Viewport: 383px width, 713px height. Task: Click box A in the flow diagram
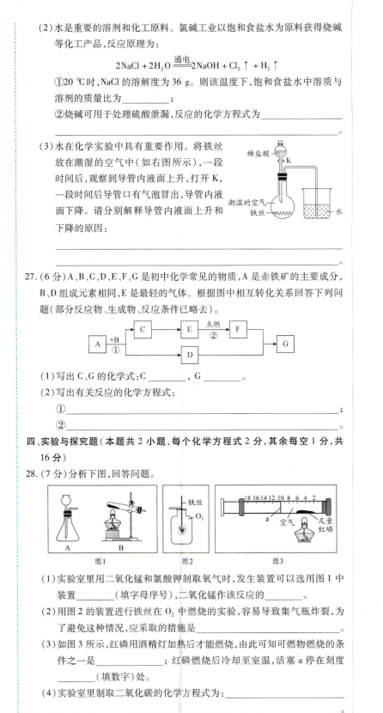pos(97,344)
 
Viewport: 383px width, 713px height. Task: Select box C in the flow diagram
pos(143,330)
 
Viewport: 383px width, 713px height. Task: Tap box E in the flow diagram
pos(189,330)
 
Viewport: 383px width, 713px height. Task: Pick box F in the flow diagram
pos(238,330)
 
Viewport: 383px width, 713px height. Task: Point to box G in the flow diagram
pos(285,344)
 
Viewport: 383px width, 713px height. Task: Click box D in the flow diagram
pos(189,355)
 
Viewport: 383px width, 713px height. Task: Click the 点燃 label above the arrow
pos(214,324)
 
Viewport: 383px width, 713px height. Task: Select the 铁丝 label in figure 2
pos(195,502)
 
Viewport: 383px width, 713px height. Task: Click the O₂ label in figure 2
pos(198,516)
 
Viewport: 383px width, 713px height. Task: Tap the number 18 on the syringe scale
pos(247,497)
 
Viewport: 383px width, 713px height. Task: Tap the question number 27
pos(32,277)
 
